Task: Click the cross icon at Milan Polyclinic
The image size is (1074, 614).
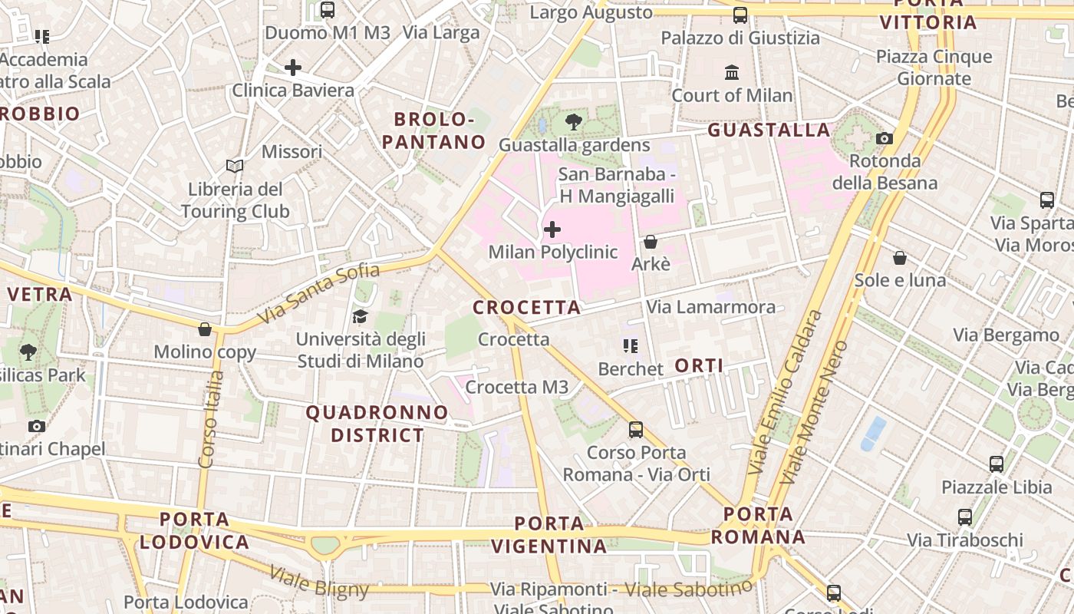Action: [552, 229]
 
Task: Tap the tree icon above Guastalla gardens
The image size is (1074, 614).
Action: [573, 121]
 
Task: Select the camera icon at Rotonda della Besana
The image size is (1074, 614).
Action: [885, 139]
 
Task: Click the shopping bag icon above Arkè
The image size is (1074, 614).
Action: [651, 242]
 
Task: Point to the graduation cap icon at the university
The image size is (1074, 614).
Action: [359, 316]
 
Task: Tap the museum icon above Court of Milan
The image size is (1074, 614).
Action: [732, 73]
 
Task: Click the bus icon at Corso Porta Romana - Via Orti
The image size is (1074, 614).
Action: [636, 430]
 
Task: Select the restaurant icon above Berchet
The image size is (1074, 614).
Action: [631, 346]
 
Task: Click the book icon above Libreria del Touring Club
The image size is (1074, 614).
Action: [235, 166]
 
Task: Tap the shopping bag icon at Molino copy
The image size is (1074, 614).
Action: [205, 330]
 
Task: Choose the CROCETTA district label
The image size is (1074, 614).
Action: [526, 308]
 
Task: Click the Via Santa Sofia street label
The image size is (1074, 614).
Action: [318, 293]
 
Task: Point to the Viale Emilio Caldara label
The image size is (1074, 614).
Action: [785, 391]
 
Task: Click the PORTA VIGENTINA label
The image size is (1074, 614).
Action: [549, 535]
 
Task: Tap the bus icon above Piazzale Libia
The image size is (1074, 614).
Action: [996, 464]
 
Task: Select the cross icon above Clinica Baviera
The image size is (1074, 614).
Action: [293, 68]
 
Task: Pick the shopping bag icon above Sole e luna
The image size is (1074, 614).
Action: [900, 258]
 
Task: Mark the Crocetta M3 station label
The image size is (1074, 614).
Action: [517, 388]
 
